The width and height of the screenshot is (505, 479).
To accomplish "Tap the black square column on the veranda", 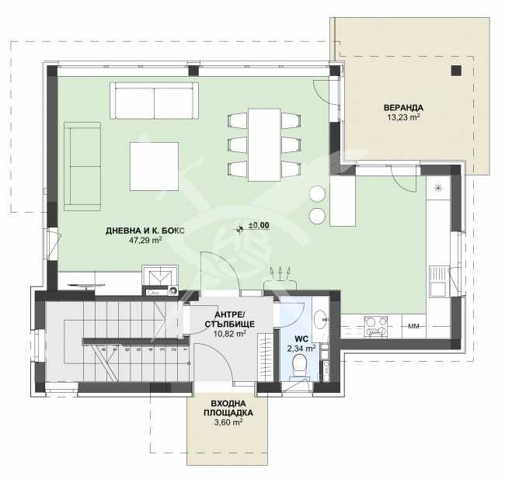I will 455,71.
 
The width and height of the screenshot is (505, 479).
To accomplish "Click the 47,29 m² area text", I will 145,241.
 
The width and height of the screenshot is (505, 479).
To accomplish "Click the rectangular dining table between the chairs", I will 264,144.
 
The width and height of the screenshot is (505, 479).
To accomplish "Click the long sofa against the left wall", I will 82,166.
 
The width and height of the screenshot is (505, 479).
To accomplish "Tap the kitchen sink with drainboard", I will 437,281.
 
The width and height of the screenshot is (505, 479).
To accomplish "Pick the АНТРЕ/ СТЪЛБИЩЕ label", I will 225,318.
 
